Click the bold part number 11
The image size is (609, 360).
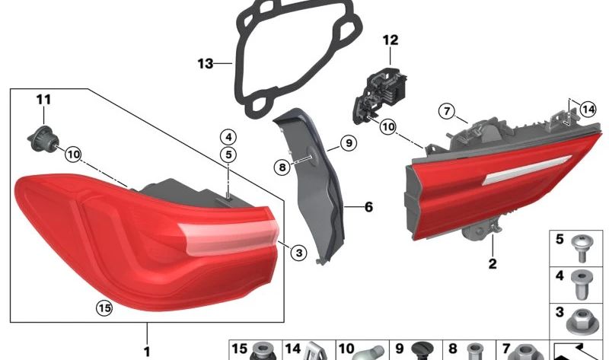(43, 99)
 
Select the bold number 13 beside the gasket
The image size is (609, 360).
(206, 64)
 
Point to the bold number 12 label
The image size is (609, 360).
(390, 38)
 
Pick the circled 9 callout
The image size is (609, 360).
(346, 142)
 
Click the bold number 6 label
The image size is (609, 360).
(368, 206)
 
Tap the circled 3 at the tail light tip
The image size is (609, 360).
(298, 252)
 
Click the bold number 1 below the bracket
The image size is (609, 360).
(147, 350)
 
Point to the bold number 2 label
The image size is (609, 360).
(492, 264)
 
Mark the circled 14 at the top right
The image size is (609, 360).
(586, 109)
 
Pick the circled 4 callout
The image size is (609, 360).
(228, 137)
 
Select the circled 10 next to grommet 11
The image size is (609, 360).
(72, 155)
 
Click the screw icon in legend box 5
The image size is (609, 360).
(583, 244)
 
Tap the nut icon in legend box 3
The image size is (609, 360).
(583, 316)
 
